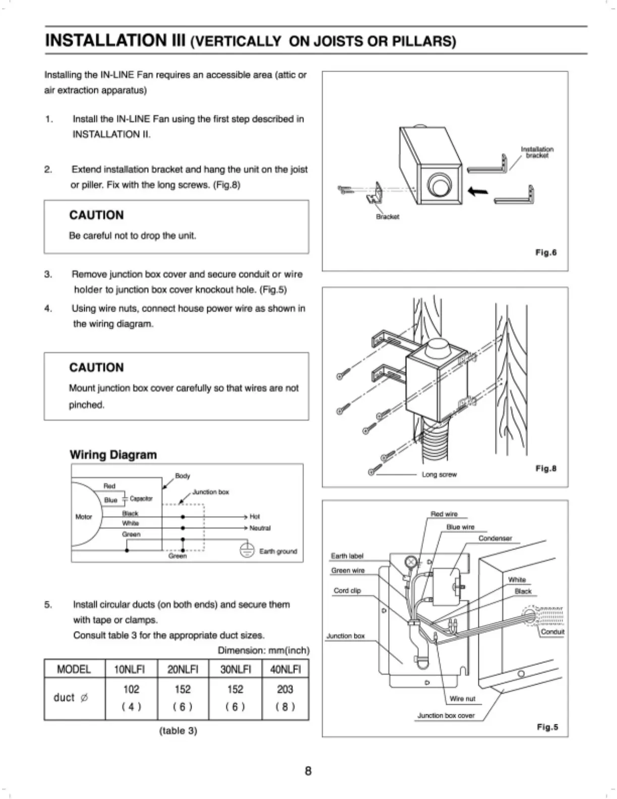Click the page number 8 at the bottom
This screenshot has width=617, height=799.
(x=308, y=770)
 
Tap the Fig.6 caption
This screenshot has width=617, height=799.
(x=546, y=253)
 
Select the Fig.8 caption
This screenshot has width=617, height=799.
(x=546, y=469)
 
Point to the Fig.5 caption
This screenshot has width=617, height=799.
(x=547, y=727)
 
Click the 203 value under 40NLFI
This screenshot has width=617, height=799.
(x=285, y=689)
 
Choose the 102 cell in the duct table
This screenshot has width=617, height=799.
(x=131, y=689)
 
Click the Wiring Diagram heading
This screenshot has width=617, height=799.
(x=113, y=454)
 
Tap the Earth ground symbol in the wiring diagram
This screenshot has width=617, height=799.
(x=246, y=550)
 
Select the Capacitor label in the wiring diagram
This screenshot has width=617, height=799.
(x=141, y=499)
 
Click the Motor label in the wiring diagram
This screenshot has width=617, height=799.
(x=84, y=517)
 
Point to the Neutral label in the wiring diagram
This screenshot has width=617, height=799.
(x=260, y=528)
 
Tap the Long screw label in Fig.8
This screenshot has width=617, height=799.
(x=439, y=475)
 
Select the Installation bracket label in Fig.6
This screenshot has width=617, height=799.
(x=537, y=152)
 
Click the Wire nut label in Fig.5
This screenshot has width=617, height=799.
(x=462, y=699)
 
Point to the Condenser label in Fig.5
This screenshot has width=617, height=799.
(x=495, y=538)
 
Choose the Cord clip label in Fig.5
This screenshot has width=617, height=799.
(x=347, y=590)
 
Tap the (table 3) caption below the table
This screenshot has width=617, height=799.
(x=178, y=730)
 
